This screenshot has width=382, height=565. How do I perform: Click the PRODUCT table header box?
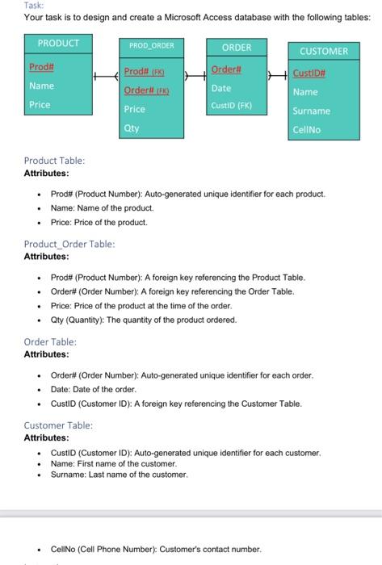pos(59,43)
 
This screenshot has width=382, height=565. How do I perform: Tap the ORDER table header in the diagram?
pos(236,48)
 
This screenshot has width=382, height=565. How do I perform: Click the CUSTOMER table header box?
pos(323,51)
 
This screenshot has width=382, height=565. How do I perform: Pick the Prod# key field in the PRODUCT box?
pos(41,67)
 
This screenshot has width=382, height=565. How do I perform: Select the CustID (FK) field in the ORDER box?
pos(232,105)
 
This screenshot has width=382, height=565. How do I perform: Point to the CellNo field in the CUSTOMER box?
pos(306,128)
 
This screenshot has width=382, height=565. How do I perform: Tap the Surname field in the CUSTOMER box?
pos(311,111)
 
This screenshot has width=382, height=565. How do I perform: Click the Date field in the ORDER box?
pos(221,88)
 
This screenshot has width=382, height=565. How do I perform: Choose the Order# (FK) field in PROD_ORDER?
pos(146,90)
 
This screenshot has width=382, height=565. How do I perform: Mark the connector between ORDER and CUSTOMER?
pos(275,74)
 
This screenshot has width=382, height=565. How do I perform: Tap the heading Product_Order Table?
pos(69,243)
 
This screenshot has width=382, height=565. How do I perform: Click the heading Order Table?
pos(49,341)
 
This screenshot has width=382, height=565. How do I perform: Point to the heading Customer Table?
pos(58,425)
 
